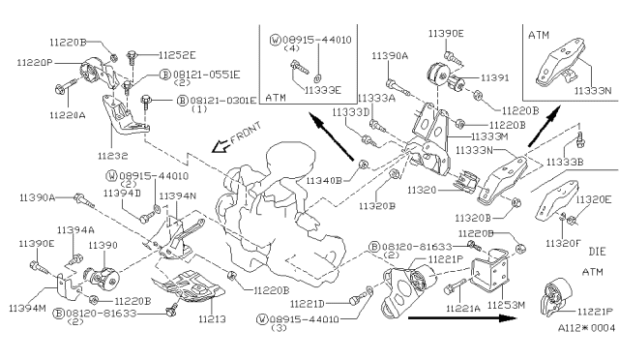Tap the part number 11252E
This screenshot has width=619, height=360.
[x=175, y=55]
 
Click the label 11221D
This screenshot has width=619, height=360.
[x=324, y=303]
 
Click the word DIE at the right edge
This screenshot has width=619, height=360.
[x=596, y=250]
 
